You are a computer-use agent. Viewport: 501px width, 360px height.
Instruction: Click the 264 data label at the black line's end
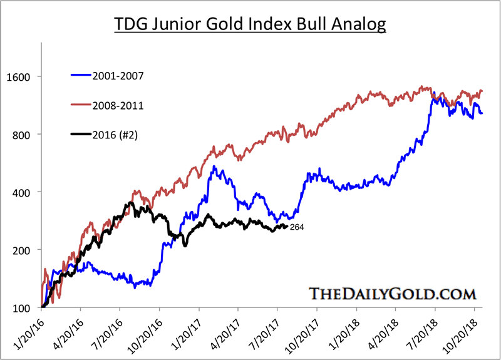point(297,227)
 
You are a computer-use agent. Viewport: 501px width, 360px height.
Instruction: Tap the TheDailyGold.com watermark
point(393,293)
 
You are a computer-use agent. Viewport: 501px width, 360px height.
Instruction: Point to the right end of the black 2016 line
point(287,226)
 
